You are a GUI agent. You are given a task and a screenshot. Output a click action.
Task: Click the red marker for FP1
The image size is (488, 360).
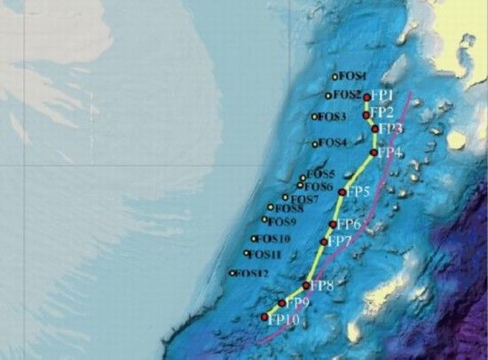pos(366,98)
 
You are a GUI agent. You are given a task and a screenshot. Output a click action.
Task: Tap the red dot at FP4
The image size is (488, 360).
pos(373,153)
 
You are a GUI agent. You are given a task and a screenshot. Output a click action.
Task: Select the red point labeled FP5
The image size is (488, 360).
pos(342,192)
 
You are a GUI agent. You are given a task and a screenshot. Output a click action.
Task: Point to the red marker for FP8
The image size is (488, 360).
pos(306,286)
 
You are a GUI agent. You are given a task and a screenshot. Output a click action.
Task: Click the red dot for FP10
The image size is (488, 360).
pos(264,317)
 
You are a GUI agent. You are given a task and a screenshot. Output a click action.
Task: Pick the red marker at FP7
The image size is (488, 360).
pos(324,241)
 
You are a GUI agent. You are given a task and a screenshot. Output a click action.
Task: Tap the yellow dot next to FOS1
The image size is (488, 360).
pos(335,77)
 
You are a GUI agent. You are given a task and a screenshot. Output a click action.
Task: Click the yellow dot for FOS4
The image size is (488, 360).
pos(315,144)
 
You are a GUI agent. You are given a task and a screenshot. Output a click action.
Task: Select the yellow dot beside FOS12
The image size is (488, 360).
pos(232,274)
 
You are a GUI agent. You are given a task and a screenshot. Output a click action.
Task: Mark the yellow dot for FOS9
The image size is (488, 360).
pos(264,220)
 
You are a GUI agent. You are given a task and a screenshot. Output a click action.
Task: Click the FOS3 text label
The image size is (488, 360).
pos(332,117)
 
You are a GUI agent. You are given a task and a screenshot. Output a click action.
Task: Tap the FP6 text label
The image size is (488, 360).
pos(349,223)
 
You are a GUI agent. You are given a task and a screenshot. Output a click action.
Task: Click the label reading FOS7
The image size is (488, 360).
pos(302,199)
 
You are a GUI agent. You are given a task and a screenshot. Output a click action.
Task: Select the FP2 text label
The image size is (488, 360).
pos(382,113)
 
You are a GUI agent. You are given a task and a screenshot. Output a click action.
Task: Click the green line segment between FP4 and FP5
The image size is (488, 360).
pos(358,172)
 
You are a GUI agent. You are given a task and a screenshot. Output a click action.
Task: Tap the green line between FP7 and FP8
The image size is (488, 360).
pos(315,263)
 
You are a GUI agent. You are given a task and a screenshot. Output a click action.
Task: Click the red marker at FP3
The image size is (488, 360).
pos(374,129)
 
